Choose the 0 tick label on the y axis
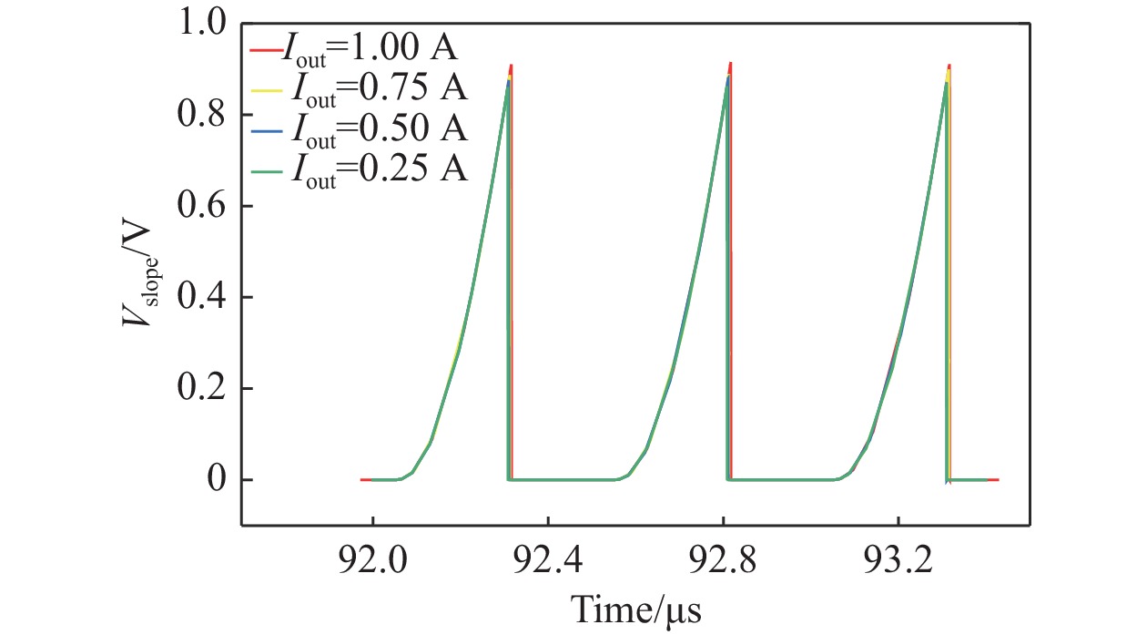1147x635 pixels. click(214, 480)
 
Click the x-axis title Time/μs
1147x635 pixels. click(635, 605)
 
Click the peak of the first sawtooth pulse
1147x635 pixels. click(511, 67)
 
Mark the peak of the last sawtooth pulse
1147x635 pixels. click(949, 67)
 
